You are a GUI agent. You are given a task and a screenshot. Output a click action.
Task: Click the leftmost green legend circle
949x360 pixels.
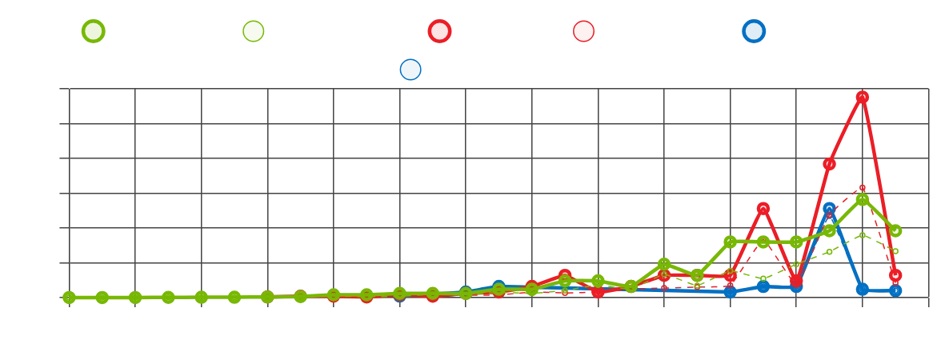pos(93,31)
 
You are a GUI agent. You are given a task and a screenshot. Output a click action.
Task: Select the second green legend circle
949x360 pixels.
pos(254,31)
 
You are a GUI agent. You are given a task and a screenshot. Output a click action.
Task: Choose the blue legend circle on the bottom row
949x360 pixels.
pos(409,70)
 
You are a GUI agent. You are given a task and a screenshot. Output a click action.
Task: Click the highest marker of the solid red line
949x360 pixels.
pos(862,97)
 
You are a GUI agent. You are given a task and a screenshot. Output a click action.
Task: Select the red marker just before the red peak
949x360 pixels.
pos(829,165)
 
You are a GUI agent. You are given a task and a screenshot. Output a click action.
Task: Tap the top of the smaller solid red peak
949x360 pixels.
pos(763,208)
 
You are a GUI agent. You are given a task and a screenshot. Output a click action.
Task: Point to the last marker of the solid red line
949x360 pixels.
pos(895,275)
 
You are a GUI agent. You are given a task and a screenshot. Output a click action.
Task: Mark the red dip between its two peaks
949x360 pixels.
pos(796,280)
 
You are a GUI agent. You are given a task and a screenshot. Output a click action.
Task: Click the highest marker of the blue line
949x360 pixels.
pos(829,209)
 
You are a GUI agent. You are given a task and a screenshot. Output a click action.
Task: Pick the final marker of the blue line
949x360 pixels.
pos(895,290)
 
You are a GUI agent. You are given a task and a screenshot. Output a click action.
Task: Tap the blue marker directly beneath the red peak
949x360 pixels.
pos(862,289)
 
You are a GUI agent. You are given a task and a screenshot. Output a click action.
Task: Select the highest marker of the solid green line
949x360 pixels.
pos(862,199)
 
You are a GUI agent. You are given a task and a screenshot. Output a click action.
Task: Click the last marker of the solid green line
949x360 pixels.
pos(895,231)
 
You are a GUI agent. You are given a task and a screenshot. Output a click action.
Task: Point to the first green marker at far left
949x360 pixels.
pos(69,298)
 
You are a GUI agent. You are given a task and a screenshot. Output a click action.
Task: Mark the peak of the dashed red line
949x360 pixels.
pos(862,189)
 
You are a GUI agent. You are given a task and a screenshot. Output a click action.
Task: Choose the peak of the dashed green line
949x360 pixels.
pos(862,235)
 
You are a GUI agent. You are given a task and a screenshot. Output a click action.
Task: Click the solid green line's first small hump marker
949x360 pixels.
pos(663,264)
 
